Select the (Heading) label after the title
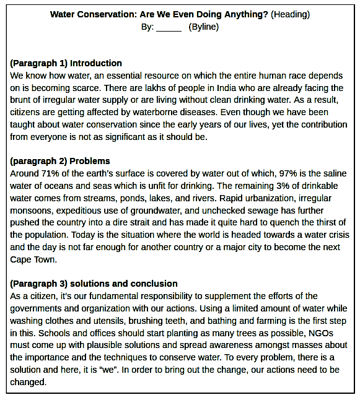290,14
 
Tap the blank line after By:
169,27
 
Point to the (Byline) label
204,27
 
